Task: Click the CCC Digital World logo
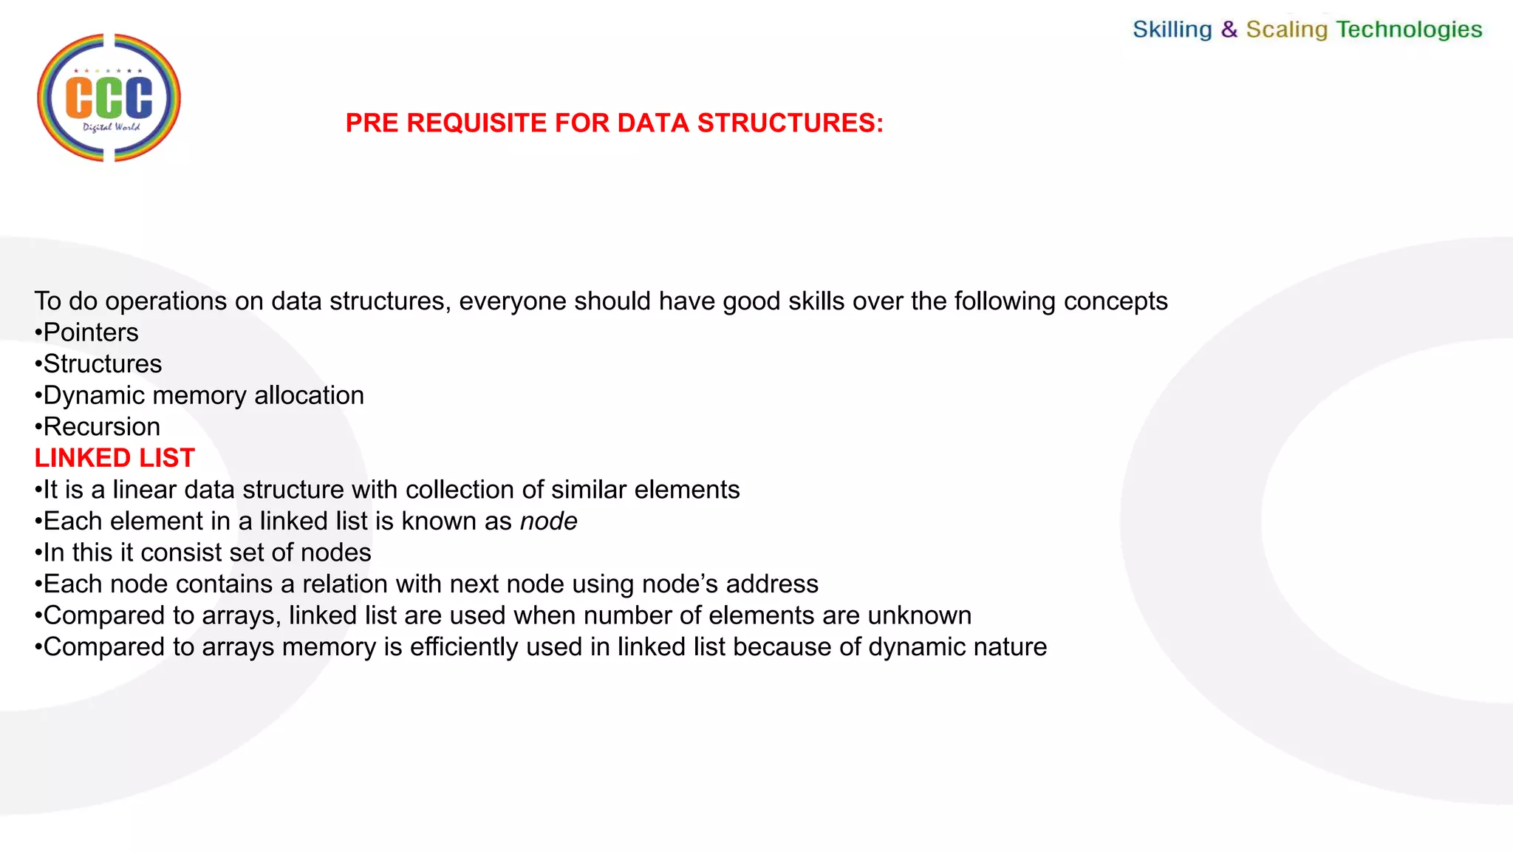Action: click(x=109, y=98)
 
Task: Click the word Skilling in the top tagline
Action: click(x=1172, y=30)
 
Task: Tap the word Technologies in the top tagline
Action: click(x=1409, y=30)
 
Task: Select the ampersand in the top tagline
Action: click(x=1229, y=30)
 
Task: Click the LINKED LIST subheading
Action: click(x=115, y=458)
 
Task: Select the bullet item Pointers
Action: click(x=90, y=332)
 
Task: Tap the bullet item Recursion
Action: click(x=101, y=427)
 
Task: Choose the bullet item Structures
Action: click(x=102, y=364)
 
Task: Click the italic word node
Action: click(x=548, y=522)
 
